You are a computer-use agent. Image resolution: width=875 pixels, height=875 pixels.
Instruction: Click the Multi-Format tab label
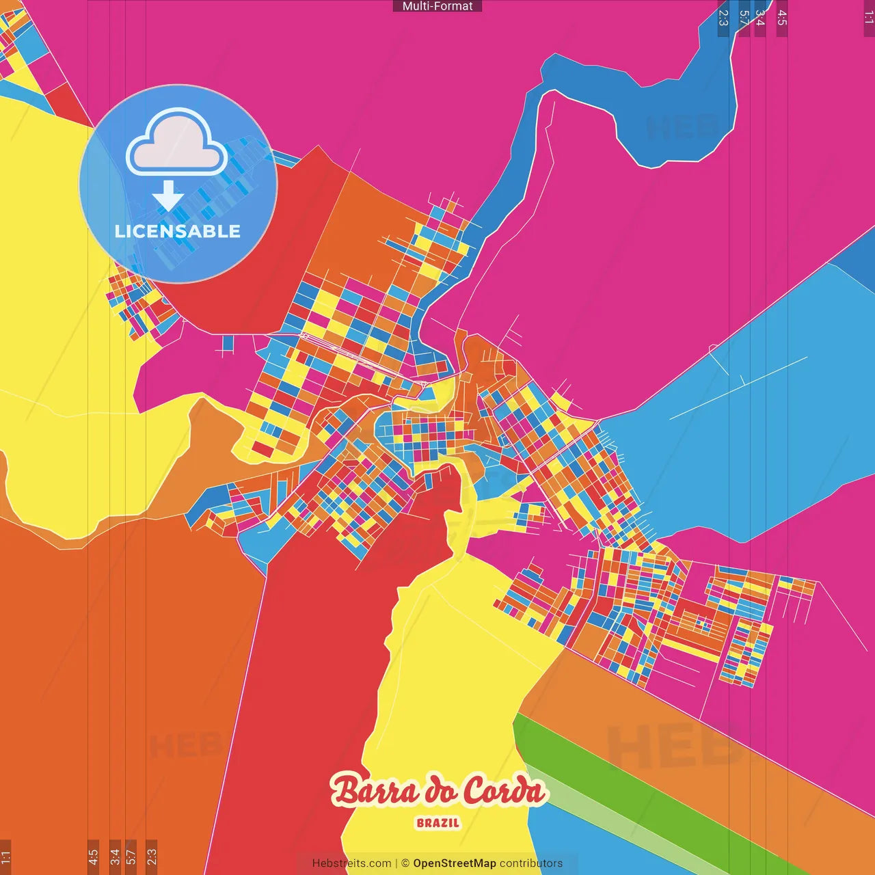click(437, 6)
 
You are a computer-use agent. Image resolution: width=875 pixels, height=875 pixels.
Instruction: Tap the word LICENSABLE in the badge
click(178, 231)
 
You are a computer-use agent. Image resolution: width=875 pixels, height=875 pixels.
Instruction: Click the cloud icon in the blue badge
click(177, 142)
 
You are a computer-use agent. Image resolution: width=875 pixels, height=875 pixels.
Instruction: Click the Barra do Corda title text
click(438, 791)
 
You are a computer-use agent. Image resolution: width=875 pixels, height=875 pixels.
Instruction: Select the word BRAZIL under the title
click(438, 823)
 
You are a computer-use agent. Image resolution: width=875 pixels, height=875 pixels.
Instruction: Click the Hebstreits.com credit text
click(351, 863)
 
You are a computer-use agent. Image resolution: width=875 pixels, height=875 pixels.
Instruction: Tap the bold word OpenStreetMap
click(455, 863)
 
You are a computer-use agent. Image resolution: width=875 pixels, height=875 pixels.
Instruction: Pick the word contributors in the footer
click(531, 863)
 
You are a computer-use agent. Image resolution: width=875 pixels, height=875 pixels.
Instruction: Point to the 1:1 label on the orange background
click(5, 856)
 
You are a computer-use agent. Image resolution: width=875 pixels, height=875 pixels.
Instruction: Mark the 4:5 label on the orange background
click(93, 856)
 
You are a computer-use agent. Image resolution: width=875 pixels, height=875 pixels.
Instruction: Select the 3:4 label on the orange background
click(115, 856)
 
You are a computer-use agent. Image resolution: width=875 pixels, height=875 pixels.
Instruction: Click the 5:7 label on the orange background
click(131, 856)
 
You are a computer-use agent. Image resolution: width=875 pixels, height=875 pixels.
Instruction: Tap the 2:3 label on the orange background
click(152, 856)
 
